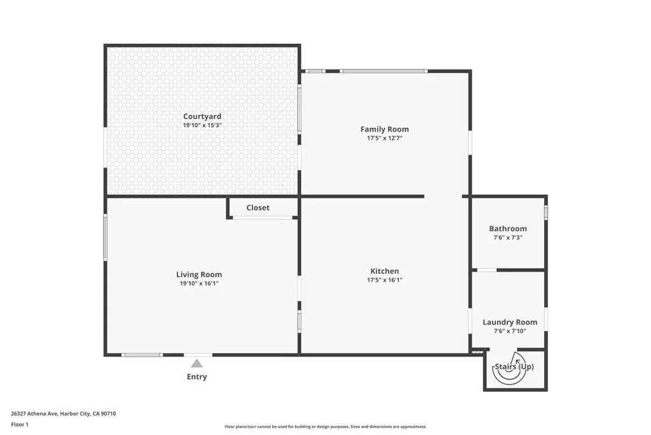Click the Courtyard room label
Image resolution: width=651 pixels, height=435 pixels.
[202, 117]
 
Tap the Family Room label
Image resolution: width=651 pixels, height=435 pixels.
[384, 129]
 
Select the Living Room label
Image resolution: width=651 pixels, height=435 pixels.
[199, 275]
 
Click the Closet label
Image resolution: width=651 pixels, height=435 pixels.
[257, 208]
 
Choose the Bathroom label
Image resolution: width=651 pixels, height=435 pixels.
[507, 229]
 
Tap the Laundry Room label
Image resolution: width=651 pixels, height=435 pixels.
[509, 322]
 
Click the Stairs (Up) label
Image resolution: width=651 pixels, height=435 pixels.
[514, 367]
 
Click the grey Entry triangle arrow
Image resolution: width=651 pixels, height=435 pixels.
[197, 363]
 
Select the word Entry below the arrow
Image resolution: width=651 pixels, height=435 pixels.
[197, 377]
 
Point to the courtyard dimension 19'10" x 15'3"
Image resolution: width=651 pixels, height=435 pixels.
[202, 125]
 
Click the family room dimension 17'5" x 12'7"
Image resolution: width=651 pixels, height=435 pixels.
[384, 138]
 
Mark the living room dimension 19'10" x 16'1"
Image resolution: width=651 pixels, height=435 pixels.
[199, 283]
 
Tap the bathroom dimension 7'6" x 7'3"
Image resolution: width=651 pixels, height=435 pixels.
[507, 238]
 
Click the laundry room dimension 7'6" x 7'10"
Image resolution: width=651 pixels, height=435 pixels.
[509, 331]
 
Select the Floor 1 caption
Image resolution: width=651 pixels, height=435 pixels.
[20, 424]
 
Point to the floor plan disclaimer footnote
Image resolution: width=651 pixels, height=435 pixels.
[325, 427]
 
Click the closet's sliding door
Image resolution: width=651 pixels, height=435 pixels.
[263, 218]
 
